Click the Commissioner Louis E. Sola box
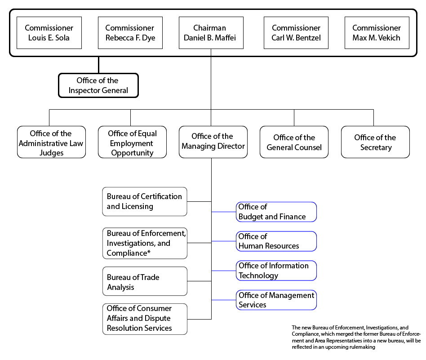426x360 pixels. tap(49, 33)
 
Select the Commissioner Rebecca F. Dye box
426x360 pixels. tap(130, 33)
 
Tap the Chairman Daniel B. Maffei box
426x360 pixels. tap(211, 33)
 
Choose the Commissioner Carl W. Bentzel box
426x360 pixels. tap(296, 33)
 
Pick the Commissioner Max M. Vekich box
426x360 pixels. tap(377, 33)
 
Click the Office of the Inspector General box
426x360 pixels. tap(98, 85)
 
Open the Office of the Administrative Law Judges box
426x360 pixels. tap(51, 142)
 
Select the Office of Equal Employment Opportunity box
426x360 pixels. tap(132, 142)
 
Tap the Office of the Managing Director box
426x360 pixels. tap(213, 142)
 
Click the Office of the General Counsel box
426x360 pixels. tap(294, 142)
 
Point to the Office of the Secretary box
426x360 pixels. tap(375, 142)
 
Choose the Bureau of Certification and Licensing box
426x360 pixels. tap(144, 201)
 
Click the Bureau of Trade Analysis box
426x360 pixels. tap(144, 281)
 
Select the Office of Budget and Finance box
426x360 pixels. tap(276, 212)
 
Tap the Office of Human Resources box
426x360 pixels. tap(276, 241)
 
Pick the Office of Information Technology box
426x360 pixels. tap(276, 271)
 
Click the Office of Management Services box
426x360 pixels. tap(276, 300)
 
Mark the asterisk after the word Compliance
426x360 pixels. tap(149, 253)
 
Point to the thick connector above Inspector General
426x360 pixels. tap(98, 65)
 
